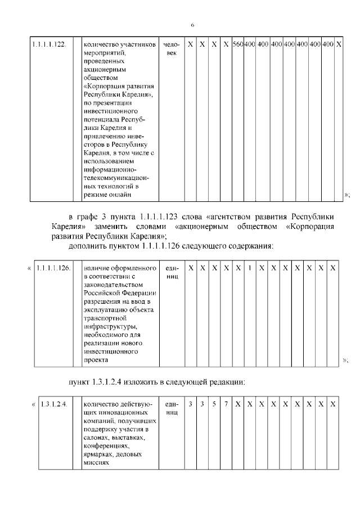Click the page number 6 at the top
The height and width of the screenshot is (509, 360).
192,25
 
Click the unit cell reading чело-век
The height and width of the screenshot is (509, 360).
172,48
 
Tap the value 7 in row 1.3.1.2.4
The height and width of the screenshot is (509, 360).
226,404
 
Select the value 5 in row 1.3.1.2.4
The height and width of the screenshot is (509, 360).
214,404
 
